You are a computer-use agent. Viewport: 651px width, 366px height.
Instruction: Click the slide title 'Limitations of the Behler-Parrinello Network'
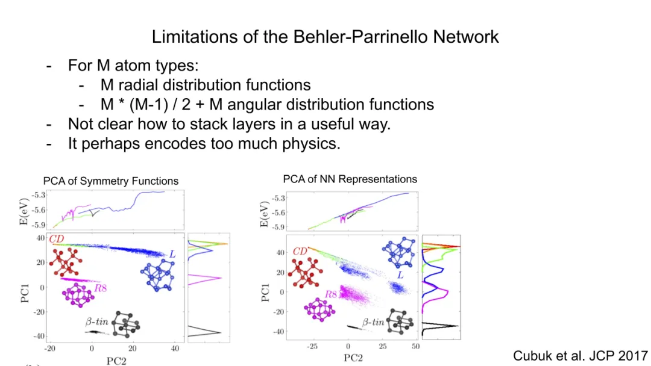(x=325, y=37)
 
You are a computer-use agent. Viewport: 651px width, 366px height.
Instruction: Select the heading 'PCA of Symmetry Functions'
(x=111, y=181)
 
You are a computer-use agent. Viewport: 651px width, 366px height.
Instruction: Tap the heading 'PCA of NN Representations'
(x=350, y=179)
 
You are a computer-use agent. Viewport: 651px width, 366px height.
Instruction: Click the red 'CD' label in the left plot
(x=57, y=240)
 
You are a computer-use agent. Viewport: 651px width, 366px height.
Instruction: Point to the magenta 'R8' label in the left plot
(x=100, y=288)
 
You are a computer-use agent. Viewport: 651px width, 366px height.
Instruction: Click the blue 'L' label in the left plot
(x=172, y=255)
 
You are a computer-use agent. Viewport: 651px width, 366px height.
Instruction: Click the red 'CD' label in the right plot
(x=300, y=252)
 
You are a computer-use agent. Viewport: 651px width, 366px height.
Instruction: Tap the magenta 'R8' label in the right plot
(x=331, y=294)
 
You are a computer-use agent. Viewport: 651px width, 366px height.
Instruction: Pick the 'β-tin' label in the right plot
(x=373, y=322)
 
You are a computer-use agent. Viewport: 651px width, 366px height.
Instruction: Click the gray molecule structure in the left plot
(x=125, y=324)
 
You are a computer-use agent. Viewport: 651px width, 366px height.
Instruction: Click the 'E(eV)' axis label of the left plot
(x=25, y=210)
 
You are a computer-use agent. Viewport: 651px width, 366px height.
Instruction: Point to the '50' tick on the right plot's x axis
(x=415, y=346)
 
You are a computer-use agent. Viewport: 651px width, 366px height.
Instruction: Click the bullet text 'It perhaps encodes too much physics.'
(x=204, y=144)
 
